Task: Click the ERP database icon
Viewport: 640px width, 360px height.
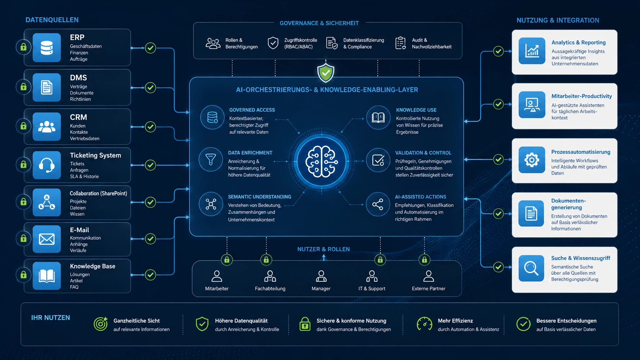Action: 47,48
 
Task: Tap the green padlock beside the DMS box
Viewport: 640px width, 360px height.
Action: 23,87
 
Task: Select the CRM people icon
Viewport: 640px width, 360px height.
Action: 47,127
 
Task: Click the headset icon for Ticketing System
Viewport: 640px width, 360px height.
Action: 47,165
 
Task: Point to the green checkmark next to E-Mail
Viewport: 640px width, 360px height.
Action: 150,239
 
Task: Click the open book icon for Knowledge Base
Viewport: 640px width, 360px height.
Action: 47,276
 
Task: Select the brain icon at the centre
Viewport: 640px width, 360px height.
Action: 322,161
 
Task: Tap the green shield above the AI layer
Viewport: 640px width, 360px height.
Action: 326,73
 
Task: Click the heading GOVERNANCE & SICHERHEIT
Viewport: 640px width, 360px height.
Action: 319,23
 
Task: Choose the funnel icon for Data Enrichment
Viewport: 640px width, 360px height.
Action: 211,160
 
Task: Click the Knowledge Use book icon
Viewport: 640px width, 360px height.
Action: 378,117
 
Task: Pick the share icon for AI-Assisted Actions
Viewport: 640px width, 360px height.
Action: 378,204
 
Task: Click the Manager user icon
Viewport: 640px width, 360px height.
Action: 321,276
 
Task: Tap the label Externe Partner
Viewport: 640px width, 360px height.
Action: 429,288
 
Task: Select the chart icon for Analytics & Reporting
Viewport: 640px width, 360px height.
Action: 532,51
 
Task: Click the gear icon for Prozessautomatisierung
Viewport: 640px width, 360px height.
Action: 532,160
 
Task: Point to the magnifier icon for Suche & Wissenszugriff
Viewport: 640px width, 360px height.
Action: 531,268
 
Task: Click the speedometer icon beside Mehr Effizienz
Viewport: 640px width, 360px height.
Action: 424,324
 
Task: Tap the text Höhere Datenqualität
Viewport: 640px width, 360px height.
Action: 242,321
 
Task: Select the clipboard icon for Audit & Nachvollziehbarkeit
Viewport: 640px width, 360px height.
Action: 400,43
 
